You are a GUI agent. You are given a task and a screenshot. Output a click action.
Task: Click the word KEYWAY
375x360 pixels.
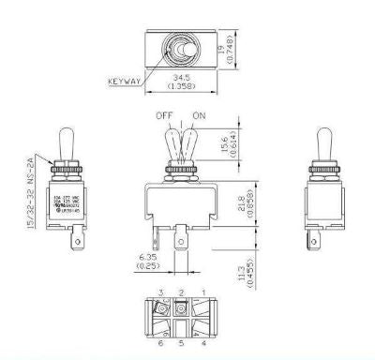click(x=126, y=81)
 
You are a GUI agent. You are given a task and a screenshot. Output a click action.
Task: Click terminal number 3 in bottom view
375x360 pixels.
click(x=161, y=293)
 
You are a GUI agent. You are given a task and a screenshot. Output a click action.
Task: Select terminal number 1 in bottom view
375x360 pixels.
click(x=204, y=293)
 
